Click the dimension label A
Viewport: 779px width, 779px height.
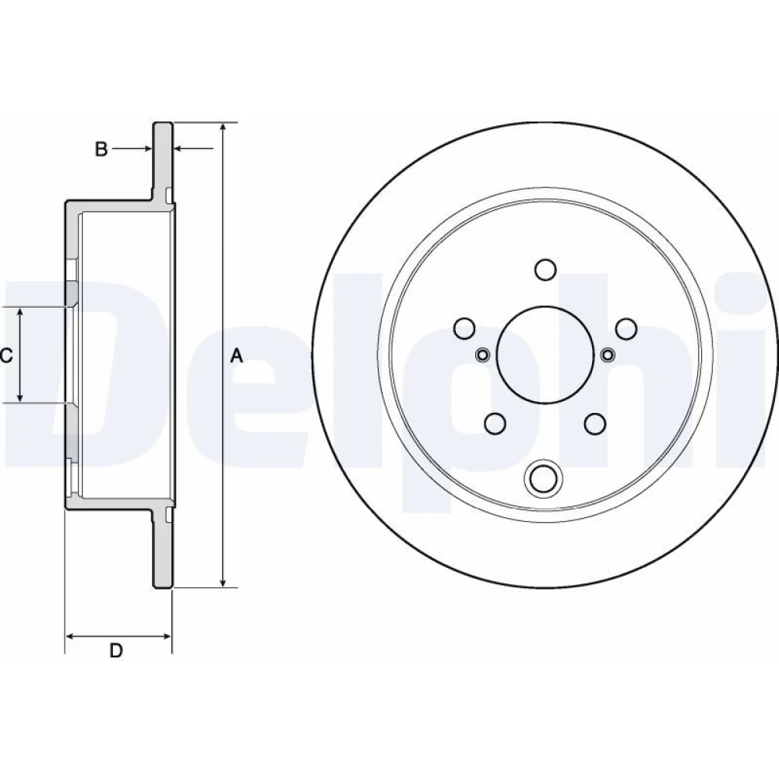pyautogui.click(x=237, y=356)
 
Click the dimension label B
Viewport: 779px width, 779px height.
pyautogui.click(x=101, y=149)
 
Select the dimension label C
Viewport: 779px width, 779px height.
pyautogui.click(x=6, y=356)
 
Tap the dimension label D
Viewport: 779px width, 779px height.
pyautogui.click(x=116, y=650)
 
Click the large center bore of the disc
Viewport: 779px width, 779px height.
pyautogui.click(x=545, y=354)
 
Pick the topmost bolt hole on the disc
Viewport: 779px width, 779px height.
pyautogui.click(x=545, y=269)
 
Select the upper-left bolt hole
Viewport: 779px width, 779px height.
pyautogui.click(x=464, y=328)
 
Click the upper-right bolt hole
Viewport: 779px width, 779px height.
pyautogui.click(x=626, y=328)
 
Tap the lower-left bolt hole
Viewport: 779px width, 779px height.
pyautogui.click(x=495, y=423)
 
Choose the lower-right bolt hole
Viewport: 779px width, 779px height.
pyautogui.click(x=595, y=423)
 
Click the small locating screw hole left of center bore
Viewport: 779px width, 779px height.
pyautogui.click(x=482, y=354)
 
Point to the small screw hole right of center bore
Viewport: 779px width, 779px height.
pyautogui.click(x=608, y=354)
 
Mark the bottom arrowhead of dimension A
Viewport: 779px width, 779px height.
pyautogui.click(x=224, y=581)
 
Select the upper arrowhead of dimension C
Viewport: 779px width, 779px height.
pyautogui.click(x=20, y=313)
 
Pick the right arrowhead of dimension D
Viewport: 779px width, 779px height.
pyautogui.click(x=164, y=636)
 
